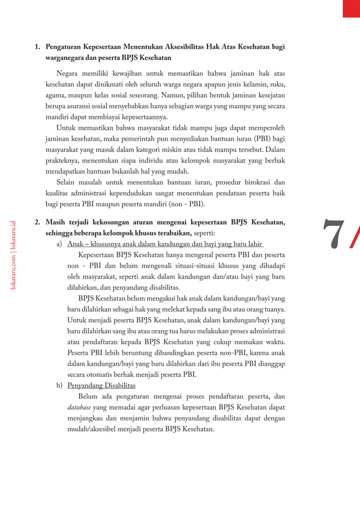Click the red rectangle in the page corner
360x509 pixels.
351,8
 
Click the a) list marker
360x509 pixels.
59,244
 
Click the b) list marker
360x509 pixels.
59,385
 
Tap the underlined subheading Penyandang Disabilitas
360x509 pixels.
101,385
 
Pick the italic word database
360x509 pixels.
79,407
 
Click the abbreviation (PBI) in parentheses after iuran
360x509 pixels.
260,139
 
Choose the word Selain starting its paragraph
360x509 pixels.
68,182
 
